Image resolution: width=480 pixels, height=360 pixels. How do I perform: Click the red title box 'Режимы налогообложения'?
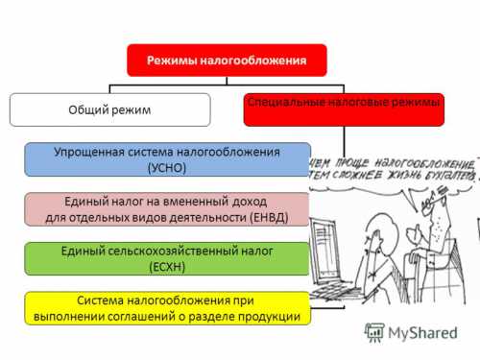[x=227, y=60]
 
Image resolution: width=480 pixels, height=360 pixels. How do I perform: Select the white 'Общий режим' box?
[x=108, y=109]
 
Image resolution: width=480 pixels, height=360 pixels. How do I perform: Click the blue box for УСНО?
[x=168, y=159]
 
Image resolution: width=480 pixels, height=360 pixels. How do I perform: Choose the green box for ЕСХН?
[x=168, y=258]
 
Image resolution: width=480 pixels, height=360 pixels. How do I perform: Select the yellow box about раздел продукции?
[x=168, y=307]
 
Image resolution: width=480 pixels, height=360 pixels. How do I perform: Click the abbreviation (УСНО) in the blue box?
[x=168, y=168]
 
